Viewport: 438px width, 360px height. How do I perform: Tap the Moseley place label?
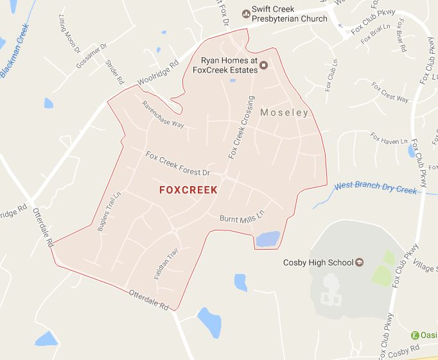click(x=285, y=113)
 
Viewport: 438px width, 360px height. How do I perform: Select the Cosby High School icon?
click(x=359, y=262)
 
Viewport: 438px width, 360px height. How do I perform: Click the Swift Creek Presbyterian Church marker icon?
click(x=245, y=13)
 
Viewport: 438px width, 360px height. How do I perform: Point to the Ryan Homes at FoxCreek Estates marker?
click(x=262, y=64)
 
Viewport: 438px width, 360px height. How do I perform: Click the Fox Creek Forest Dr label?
click(x=178, y=164)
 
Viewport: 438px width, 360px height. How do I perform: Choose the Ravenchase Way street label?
click(x=163, y=114)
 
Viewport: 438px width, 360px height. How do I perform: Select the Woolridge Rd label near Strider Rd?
click(x=157, y=74)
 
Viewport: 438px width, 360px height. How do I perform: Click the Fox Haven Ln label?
click(x=390, y=139)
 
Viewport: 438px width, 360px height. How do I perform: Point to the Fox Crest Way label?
click(x=390, y=95)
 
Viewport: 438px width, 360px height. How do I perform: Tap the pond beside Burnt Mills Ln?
click(x=268, y=239)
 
